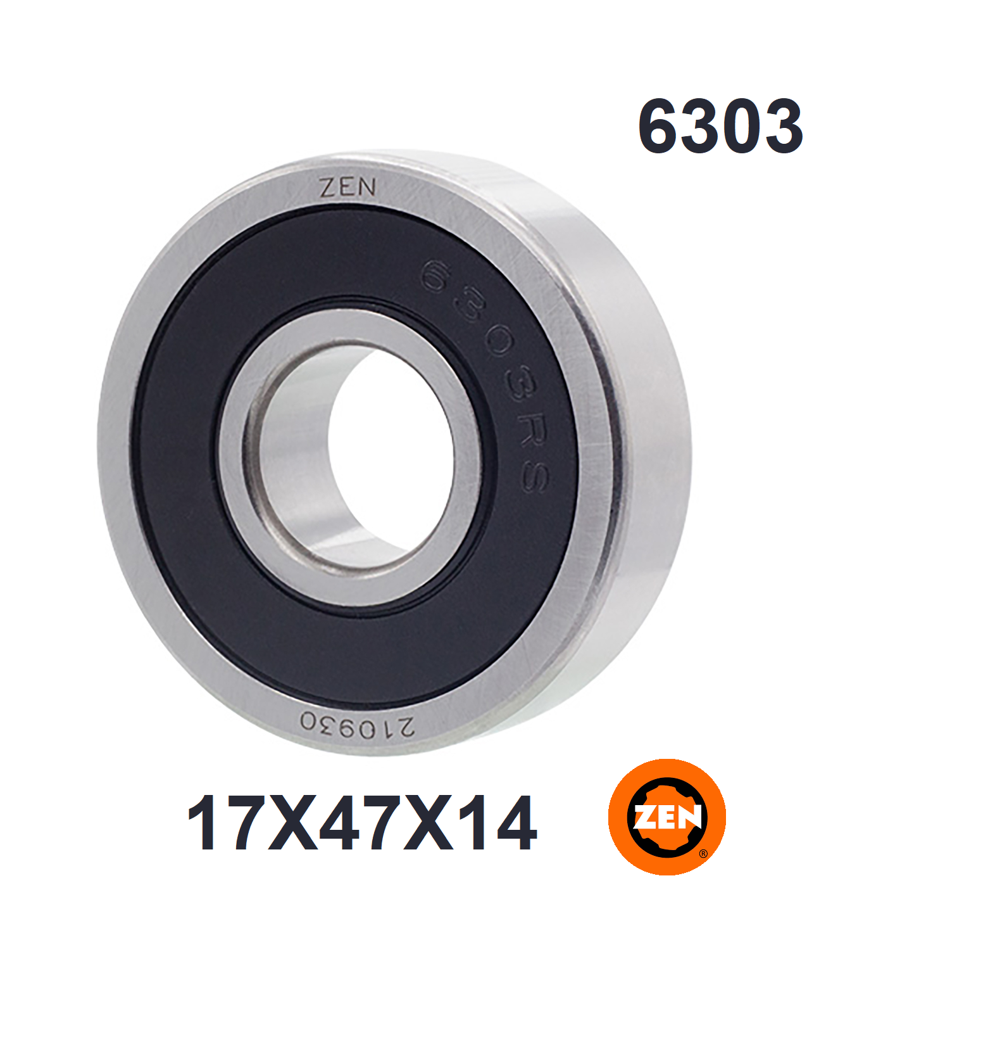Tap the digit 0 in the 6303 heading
[x=741, y=126]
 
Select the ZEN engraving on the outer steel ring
[x=347, y=188]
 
